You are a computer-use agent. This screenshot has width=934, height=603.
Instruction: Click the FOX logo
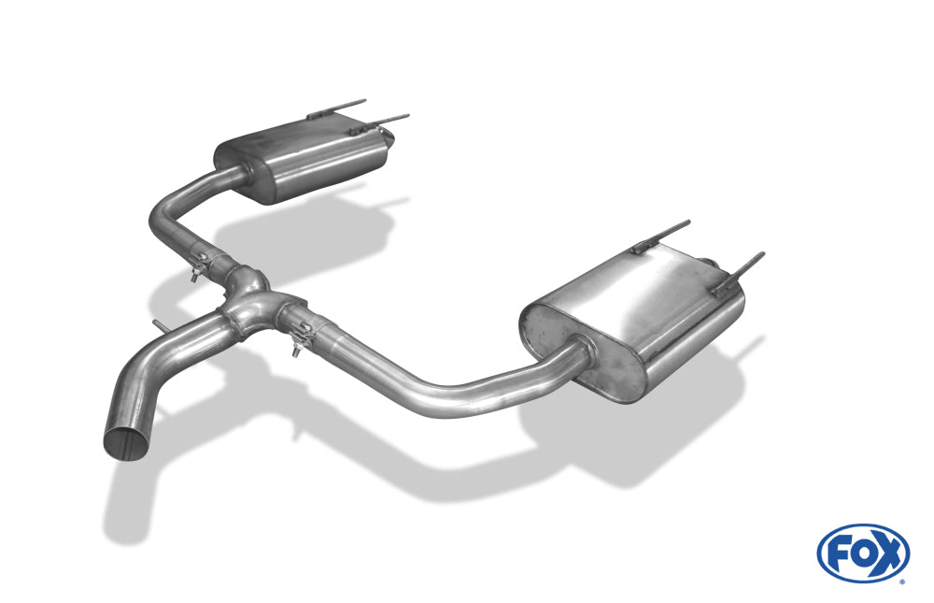coord(863,553)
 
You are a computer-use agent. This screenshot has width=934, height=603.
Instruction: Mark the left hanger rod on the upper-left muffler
coord(336,108)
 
